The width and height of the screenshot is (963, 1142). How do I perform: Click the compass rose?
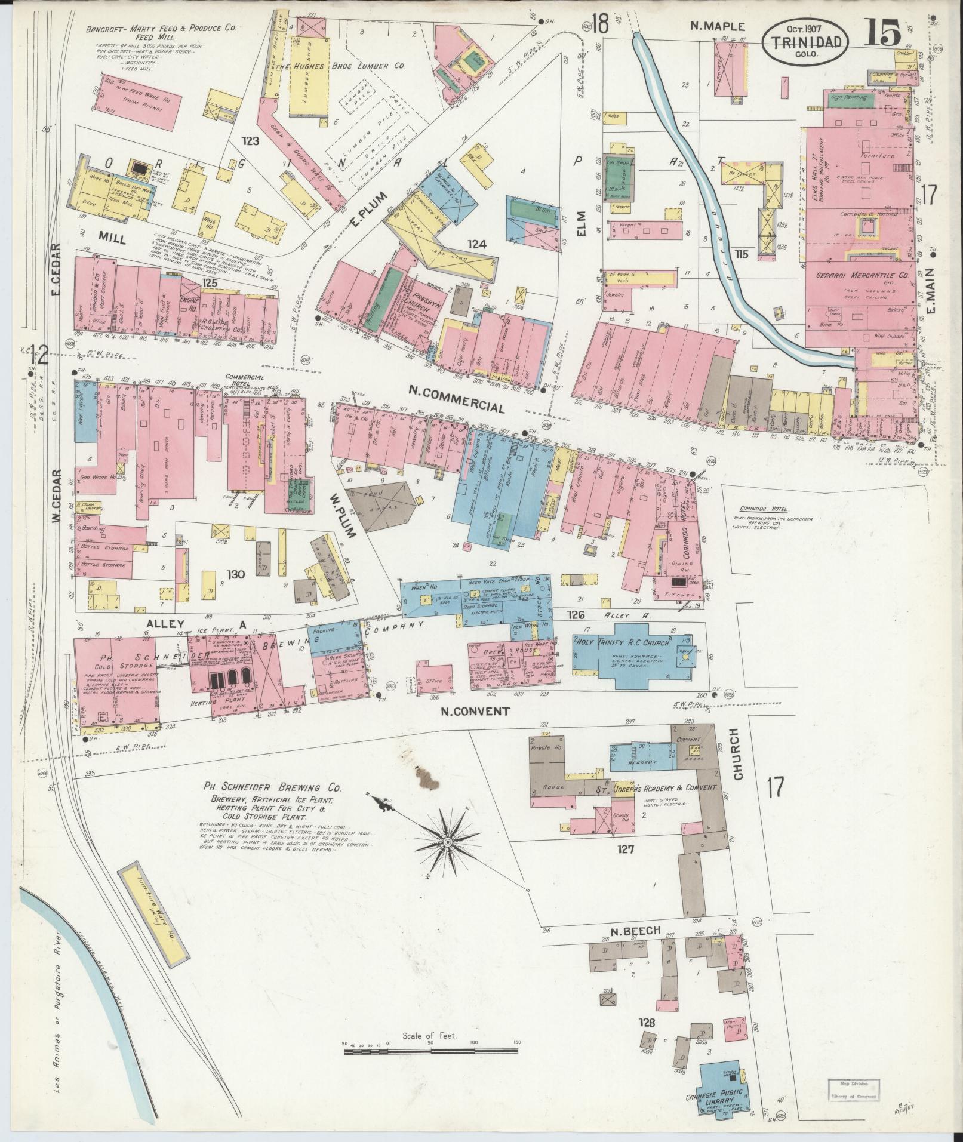(446, 842)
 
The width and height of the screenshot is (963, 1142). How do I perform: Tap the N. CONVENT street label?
(475, 711)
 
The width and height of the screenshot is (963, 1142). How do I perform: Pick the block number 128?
(647, 1023)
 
